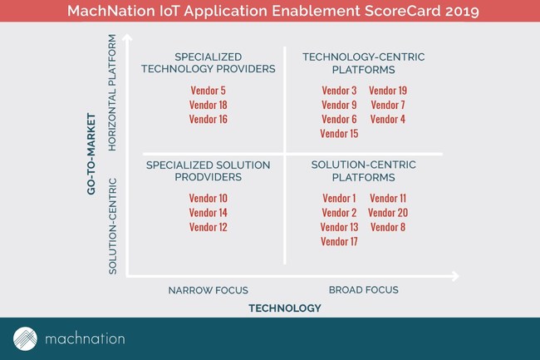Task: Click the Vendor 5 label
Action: (x=208, y=91)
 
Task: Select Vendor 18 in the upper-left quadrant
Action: (x=208, y=105)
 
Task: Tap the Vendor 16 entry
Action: (x=208, y=119)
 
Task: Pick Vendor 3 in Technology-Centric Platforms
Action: (x=339, y=91)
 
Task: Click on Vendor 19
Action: (x=388, y=91)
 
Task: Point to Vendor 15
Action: (x=339, y=133)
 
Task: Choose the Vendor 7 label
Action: (x=388, y=105)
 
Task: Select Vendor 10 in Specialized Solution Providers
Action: (x=208, y=199)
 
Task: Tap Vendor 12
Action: (x=208, y=227)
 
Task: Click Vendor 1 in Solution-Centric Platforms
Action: (x=339, y=199)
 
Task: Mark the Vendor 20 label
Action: (x=388, y=213)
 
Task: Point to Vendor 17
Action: (x=339, y=241)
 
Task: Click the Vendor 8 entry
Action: (x=388, y=227)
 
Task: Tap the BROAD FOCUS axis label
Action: (x=364, y=290)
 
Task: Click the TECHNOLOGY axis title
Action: (x=285, y=308)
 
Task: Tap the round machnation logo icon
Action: (x=25, y=339)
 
